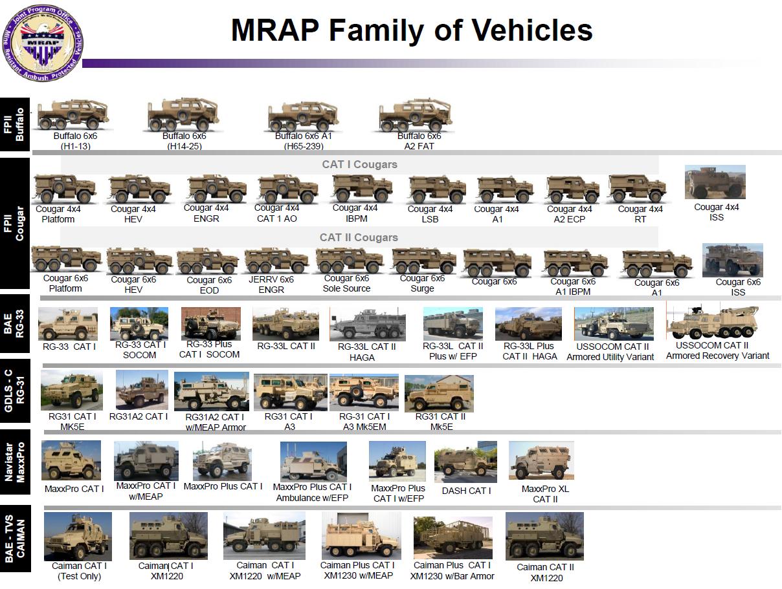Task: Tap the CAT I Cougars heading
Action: (359, 164)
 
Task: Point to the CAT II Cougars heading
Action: (359, 237)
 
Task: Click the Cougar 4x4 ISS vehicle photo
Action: (715, 182)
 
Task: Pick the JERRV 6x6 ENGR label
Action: (271, 284)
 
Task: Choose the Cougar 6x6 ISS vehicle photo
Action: (733, 260)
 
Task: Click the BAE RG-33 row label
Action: (15, 324)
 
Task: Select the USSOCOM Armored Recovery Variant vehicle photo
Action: (712, 321)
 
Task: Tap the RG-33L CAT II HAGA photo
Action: (367, 325)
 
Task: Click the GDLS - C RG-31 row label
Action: (15, 391)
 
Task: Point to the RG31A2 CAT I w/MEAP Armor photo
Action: (212, 391)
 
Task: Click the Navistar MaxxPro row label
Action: (15, 462)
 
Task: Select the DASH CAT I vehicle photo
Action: (465, 462)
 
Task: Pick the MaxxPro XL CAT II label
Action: (545, 494)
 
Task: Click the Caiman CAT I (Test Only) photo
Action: (78, 537)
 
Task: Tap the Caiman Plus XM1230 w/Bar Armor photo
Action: (452, 538)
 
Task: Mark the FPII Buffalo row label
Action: (15, 125)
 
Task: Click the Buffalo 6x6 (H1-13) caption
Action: (75, 141)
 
